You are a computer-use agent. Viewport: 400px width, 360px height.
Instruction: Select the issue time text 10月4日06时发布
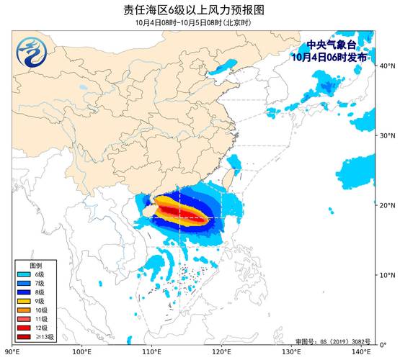(333, 56)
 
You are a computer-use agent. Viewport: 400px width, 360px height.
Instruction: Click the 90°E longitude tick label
(12, 353)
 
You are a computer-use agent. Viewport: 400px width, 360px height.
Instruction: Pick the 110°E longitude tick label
(151, 353)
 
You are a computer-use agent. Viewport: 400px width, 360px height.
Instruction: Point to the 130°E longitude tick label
(291, 353)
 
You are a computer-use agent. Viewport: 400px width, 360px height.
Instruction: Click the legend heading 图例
(26, 266)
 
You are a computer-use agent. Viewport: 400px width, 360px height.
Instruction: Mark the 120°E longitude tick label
(221, 353)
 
